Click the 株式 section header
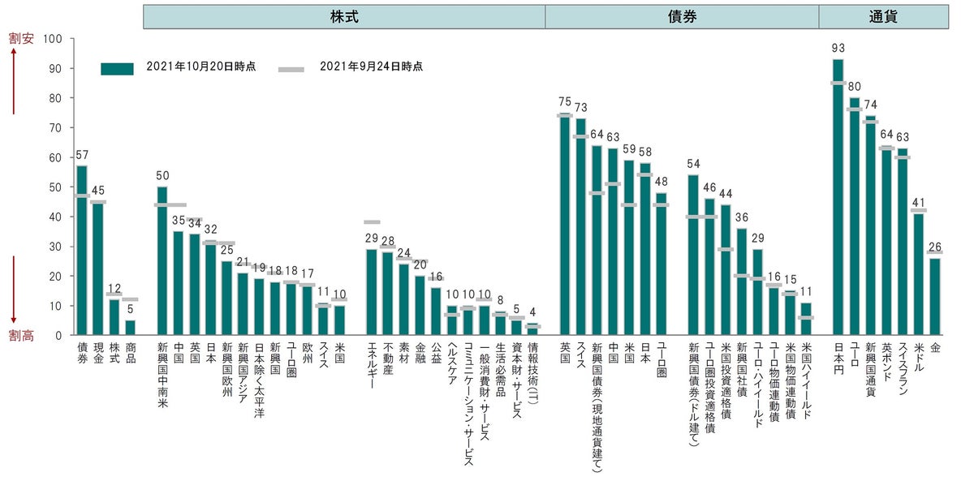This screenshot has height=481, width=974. [x=344, y=16]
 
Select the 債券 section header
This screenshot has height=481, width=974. [x=682, y=16]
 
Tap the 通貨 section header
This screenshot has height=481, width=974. [x=882, y=16]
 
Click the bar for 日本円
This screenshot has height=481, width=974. [x=838, y=197]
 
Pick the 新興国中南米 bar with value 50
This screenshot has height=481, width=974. [x=162, y=260]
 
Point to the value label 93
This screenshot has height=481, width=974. [x=838, y=48]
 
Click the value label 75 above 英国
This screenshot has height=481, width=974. [x=565, y=102]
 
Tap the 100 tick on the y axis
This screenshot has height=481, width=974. [x=56, y=39]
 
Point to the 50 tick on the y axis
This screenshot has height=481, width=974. [x=56, y=187]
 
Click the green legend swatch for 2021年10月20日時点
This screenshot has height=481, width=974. [x=117, y=69]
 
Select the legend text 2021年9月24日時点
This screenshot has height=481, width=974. [x=371, y=67]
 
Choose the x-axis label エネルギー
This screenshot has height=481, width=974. [x=372, y=366]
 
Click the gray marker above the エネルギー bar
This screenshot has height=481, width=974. [x=372, y=221]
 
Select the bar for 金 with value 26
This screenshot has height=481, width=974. [x=935, y=296]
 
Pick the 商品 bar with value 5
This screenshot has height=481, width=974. [x=131, y=328]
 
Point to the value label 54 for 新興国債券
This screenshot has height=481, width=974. [x=693, y=164]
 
